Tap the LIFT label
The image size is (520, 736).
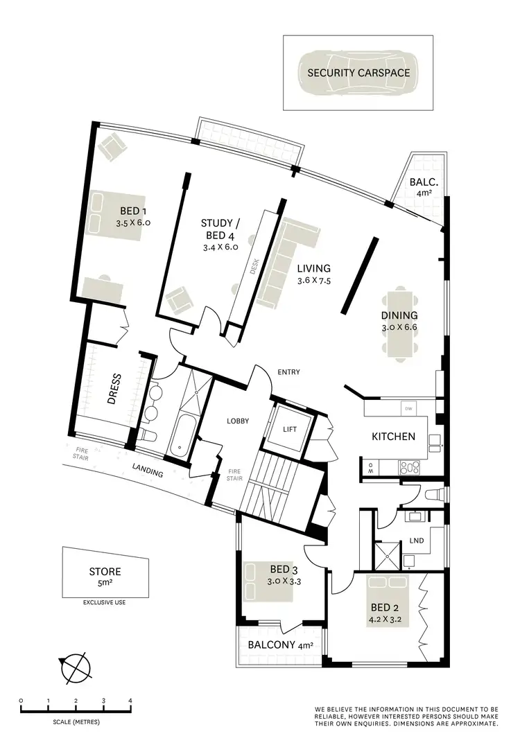[289, 430]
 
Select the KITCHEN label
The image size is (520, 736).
[393, 437]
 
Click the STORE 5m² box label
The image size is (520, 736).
[105, 577]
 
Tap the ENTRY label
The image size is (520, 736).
[288, 372]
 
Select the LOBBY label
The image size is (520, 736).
[237, 421]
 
